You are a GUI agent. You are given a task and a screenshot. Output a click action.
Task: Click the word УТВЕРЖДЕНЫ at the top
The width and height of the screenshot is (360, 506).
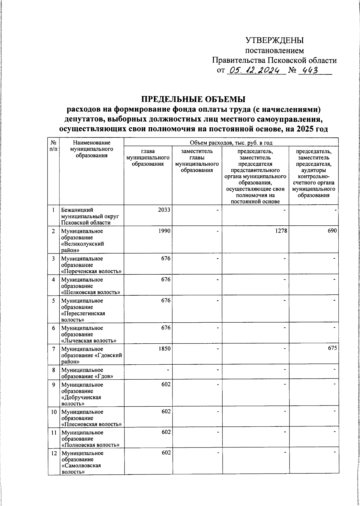pos(274,40)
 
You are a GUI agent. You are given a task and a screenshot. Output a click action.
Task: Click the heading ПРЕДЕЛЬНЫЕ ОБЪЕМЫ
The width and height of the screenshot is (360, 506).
pos(193,99)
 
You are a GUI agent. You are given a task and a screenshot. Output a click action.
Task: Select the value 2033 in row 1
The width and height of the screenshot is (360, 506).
pos(164,210)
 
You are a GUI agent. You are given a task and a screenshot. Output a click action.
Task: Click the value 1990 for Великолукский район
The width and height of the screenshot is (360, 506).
pos(164,231)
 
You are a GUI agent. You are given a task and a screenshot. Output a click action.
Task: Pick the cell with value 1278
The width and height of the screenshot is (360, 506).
pos(279,231)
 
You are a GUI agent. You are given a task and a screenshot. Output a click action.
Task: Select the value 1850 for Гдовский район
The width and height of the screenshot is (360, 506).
pos(164,349)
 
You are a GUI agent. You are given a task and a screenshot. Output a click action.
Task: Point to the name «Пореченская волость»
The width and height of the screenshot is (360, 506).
pos(91,272)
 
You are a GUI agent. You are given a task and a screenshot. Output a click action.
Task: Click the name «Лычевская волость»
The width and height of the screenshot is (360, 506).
pos(88,341)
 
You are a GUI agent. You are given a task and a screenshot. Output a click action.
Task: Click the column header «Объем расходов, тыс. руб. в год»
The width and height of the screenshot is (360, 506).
pos(231,143)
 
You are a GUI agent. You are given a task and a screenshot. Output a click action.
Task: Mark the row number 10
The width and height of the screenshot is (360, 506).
pos(53,412)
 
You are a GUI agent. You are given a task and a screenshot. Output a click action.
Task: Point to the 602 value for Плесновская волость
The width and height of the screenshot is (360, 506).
pos(166,411)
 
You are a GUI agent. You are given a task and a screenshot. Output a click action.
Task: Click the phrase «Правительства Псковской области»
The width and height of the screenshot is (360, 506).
pos(274,61)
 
